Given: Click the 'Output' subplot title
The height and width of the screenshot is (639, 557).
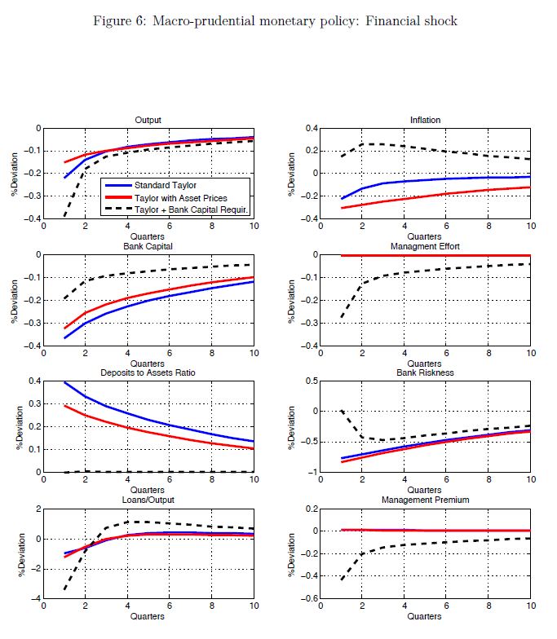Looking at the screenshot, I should [x=148, y=120].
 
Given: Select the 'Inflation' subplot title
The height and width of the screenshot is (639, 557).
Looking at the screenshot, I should [x=425, y=120].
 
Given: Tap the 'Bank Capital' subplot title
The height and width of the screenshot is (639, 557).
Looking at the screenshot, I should [x=148, y=246].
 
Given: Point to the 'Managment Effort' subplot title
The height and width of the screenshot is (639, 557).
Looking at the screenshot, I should [x=425, y=246].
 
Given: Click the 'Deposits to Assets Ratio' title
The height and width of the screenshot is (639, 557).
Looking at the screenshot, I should [x=148, y=372].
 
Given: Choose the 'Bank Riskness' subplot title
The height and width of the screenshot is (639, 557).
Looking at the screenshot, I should [x=425, y=372].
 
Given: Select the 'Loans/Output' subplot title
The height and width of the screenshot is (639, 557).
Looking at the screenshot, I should [x=148, y=499].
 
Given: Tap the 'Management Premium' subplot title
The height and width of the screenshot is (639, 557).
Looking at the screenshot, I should [x=425, y=499].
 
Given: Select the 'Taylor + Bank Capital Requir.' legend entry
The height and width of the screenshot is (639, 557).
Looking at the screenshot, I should [x=181, y=209].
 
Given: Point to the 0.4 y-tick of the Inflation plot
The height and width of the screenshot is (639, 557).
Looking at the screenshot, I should [x=310, y=129].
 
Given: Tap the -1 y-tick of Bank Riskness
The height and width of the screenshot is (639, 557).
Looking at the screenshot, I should [x=312, y=472].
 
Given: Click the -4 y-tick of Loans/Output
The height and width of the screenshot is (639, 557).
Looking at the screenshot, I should [x=33, y=598].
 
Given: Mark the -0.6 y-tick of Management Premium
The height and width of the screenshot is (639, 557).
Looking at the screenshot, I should [x=307, y=598].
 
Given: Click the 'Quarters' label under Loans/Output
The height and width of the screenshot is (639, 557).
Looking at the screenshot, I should [x=148, y=617].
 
